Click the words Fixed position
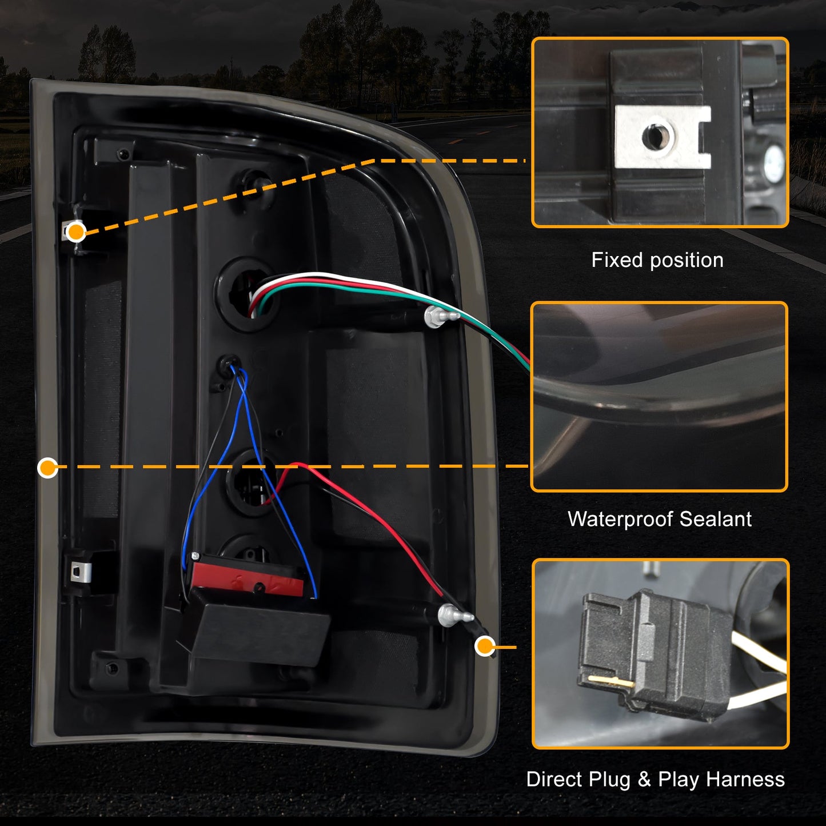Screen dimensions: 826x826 [657, 260]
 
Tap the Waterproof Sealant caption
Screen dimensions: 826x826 [659, 519]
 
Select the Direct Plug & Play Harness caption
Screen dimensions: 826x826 [655, 779]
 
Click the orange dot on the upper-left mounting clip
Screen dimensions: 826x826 [76, 232]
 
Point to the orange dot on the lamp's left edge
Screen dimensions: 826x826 [47, 468]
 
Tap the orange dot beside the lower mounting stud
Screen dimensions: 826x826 [485, 647]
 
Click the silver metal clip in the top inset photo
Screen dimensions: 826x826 [662, 137]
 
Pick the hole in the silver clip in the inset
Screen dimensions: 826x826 [652, 136]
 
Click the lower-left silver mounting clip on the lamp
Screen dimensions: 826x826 [81, 571]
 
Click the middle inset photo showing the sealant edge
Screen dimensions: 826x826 [659, 397]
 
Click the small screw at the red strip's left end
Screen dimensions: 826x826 [195, 556]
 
